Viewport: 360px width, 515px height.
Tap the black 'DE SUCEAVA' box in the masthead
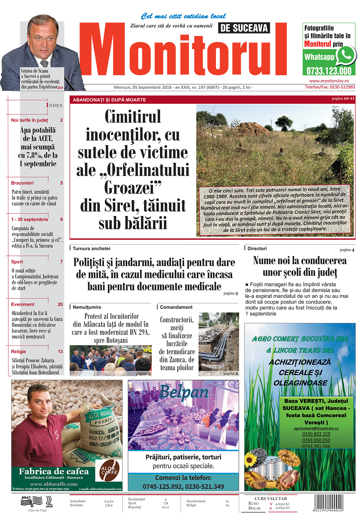pos(244,28)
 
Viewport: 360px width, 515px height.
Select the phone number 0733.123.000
pos(329,71)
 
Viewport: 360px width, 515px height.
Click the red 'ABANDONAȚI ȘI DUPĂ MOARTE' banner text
pos(109,100)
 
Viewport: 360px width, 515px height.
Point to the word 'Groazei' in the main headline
pos(132,188)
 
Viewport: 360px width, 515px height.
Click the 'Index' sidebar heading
pos(54,105)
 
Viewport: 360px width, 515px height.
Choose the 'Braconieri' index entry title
pos(22,183)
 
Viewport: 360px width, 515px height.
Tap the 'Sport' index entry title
pos(17,262)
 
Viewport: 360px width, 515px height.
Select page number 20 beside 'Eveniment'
pos(60,304)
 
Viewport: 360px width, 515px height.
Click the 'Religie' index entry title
pos(18,351)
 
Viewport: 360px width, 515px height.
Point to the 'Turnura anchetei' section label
pos(91,248)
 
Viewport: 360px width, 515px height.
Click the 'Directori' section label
pos(257,248)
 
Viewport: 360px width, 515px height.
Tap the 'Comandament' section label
pos(176,307)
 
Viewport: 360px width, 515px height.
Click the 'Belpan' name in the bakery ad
pos(184,392)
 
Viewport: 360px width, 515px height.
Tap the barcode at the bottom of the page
pos(328,502)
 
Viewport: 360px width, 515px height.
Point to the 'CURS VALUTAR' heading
pos(270,498)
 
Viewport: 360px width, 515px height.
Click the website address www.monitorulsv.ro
pos(329,81)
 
